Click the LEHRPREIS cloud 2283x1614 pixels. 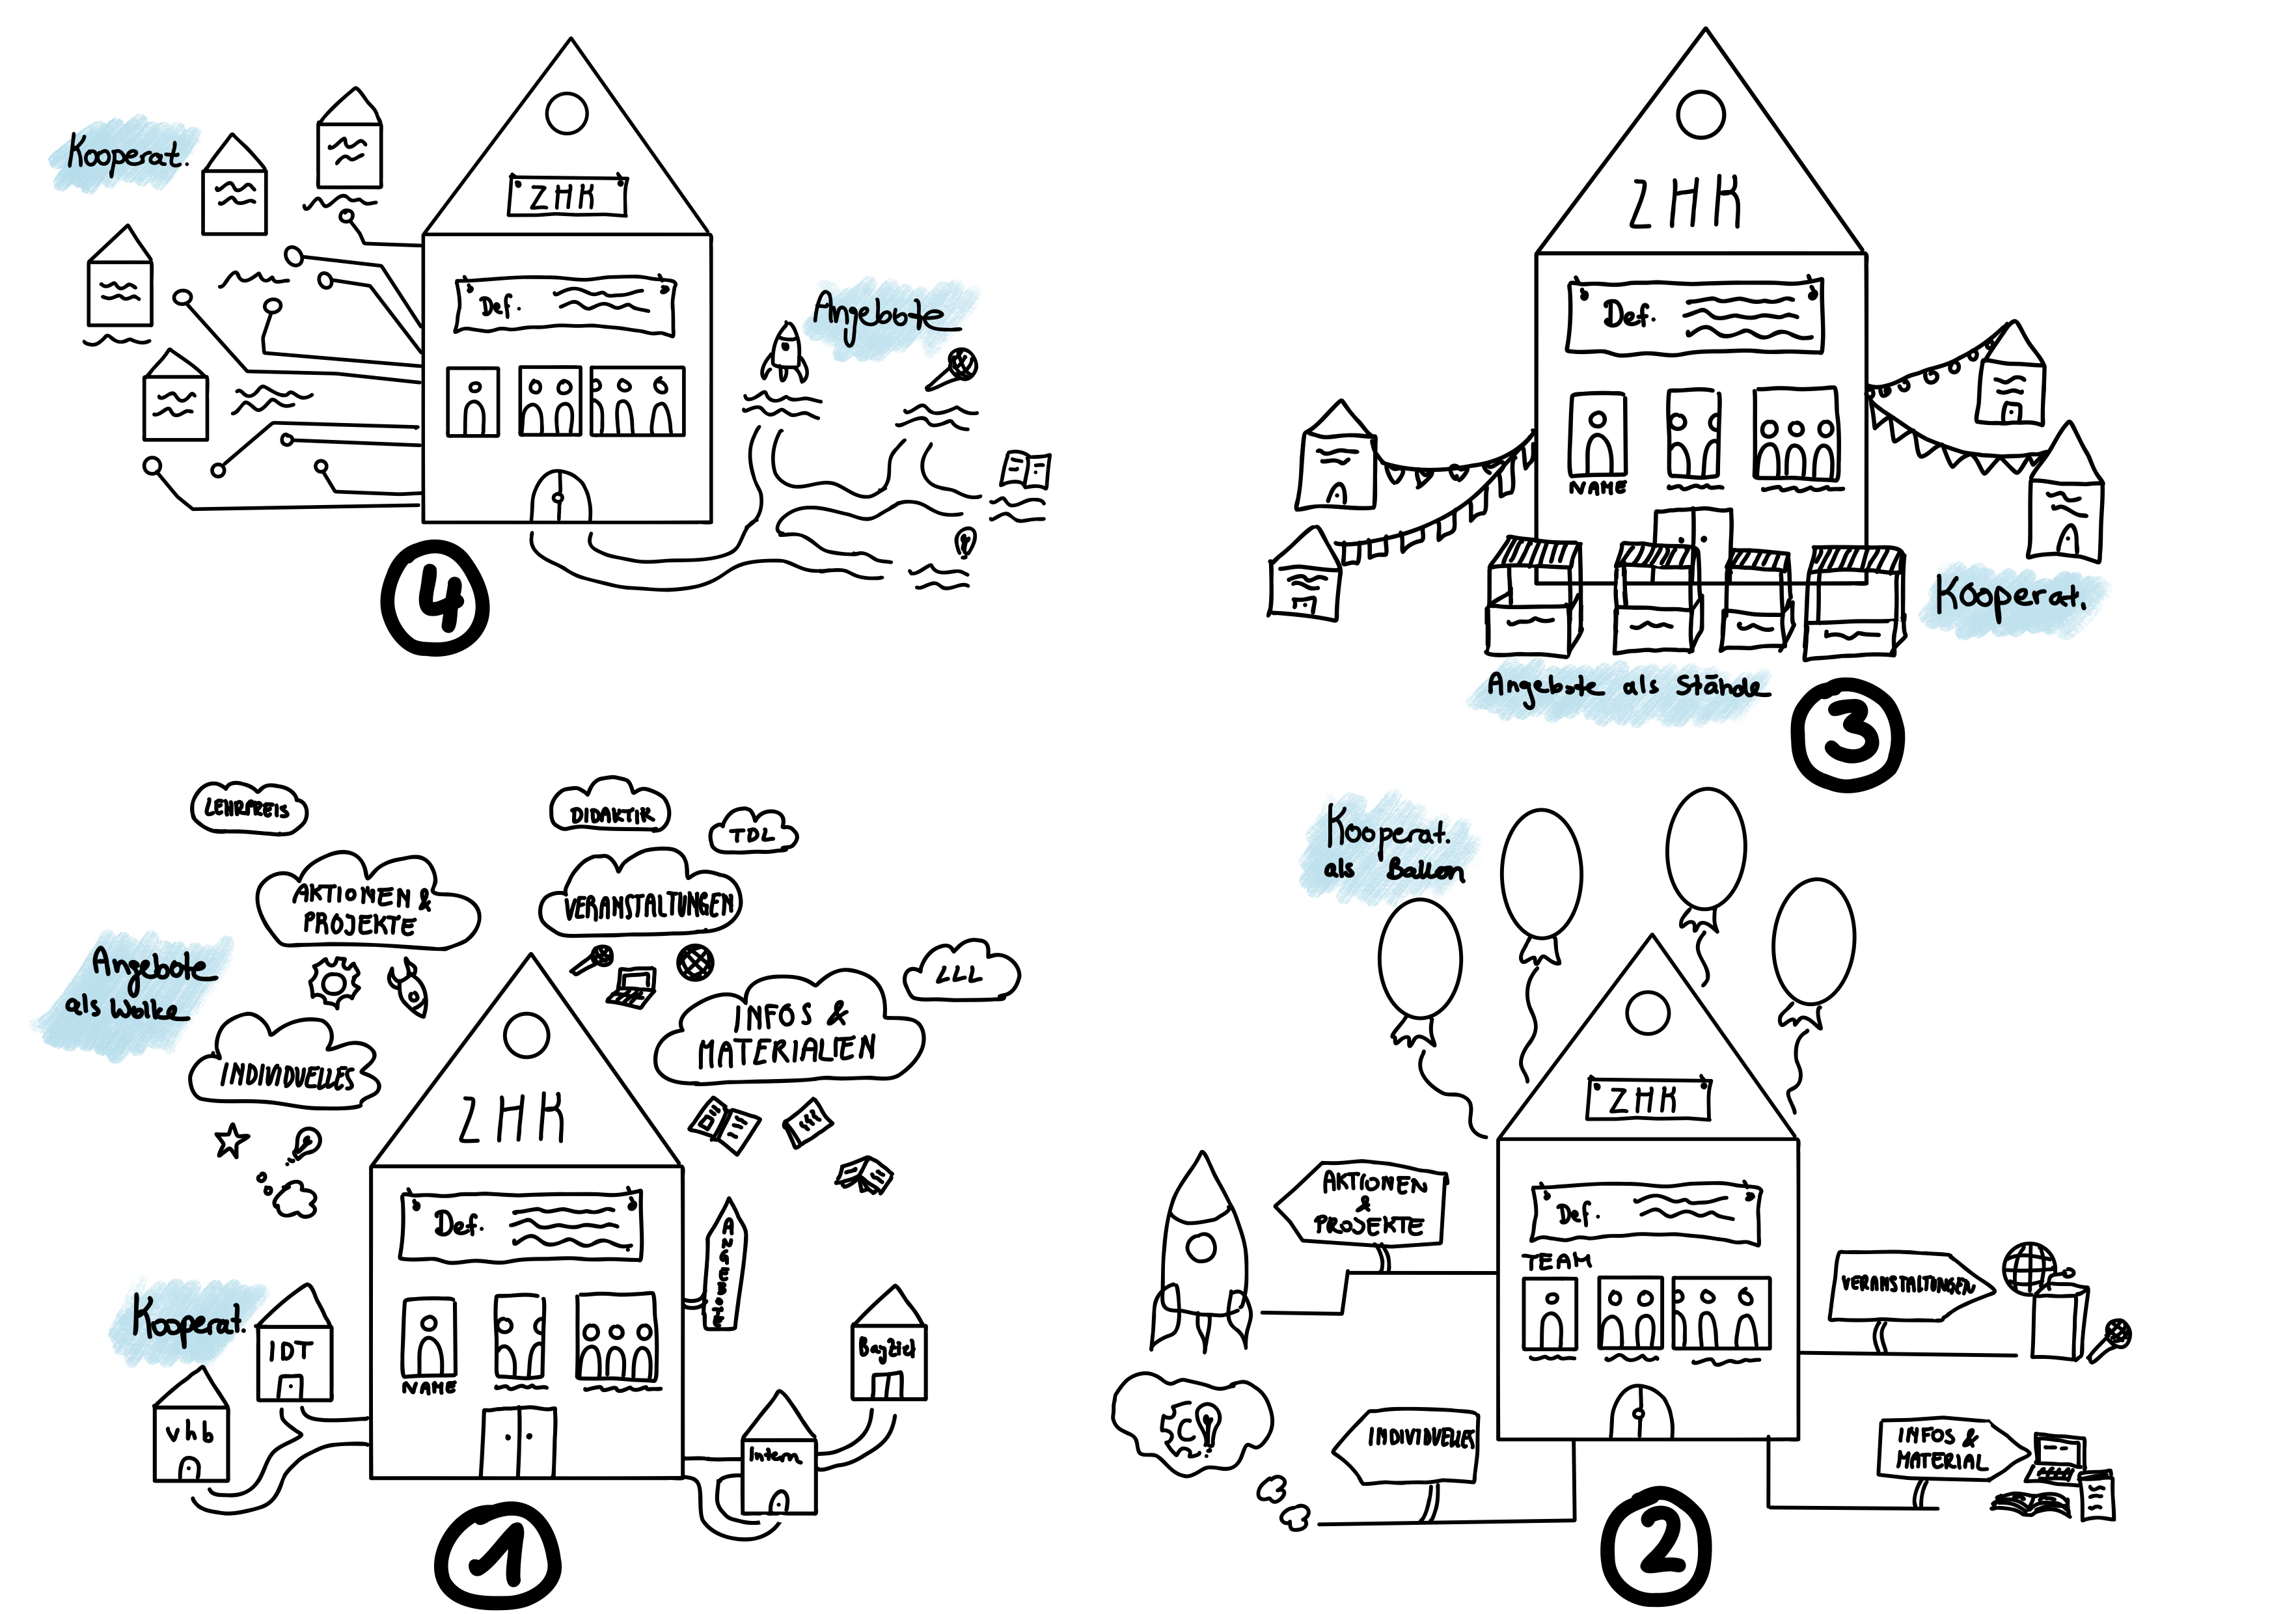pyautogui.click(x=249, y=808)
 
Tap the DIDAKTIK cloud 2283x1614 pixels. pyautogui.click(x=610, y=812)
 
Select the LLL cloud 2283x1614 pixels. pyautogui.click(x=961, y=974)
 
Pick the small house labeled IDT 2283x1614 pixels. pyautogui.click(x=294, y=1347)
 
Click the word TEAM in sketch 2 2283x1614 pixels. pyautogui.click(x=1556, y=1261)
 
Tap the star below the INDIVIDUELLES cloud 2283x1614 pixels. pyautogui.click(x=232, y=1141)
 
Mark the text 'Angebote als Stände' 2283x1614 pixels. pyautogui.click(x=1627, y=685)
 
